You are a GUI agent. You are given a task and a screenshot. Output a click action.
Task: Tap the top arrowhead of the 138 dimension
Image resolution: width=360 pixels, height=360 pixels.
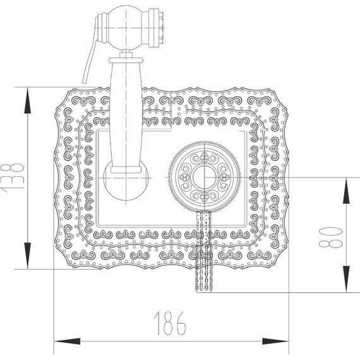click(x=28, y=95)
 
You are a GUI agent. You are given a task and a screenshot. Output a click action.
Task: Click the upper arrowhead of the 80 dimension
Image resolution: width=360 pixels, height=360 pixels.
click(x=346, y=183)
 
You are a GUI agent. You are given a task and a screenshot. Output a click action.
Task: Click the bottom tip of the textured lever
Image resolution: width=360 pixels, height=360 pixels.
click(x=203, y=291)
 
